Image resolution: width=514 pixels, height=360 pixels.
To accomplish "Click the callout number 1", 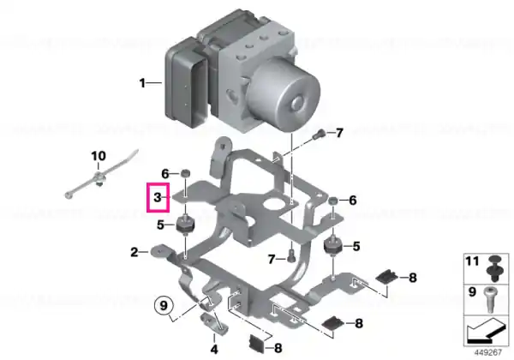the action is point(142,83).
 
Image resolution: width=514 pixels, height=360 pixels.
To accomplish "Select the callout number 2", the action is point(134,252).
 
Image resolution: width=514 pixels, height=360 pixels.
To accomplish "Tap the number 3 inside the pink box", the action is point(158,197).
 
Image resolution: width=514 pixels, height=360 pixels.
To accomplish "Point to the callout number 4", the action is point(214,349).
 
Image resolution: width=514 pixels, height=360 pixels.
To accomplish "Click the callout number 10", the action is point(99,156).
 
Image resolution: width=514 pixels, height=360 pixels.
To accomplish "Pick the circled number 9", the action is point(164,306).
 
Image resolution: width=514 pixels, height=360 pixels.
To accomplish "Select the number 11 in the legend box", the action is point(472,261).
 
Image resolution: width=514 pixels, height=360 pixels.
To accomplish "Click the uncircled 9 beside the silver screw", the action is point(472,291).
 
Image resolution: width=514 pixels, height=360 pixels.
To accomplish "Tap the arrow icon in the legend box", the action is point(486,330).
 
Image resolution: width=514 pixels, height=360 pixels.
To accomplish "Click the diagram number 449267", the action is point(488,352).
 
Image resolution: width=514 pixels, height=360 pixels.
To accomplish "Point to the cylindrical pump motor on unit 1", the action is point(284,95).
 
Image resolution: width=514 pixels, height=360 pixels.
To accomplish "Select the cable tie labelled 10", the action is point(101,176).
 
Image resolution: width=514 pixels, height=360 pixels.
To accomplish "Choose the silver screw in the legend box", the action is point(489,300).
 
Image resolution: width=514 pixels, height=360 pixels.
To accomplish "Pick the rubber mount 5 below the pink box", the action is point(185,225).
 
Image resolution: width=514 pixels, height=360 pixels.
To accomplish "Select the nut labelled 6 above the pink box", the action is point(186,173).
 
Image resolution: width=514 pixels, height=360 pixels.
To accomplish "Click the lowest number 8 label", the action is point(278,347).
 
